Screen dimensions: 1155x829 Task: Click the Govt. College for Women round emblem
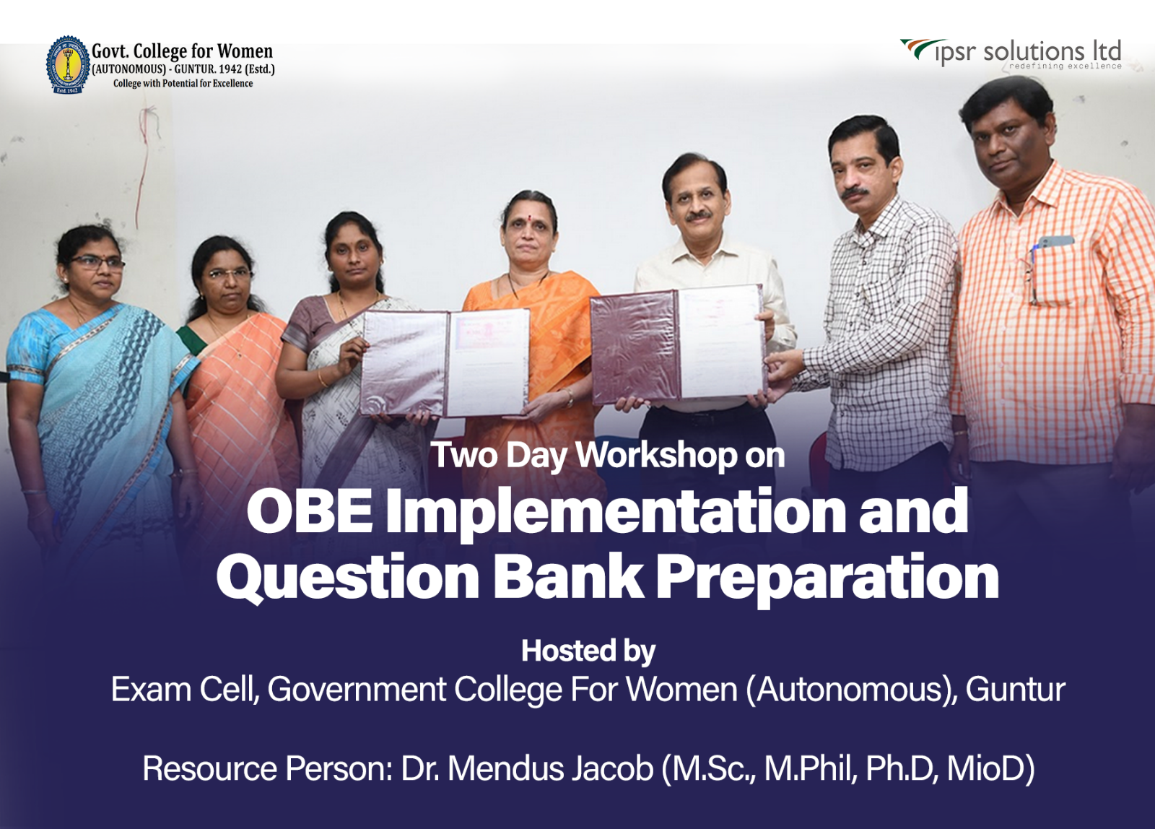68,64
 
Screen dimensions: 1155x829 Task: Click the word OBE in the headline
310,511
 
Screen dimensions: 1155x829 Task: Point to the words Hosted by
588,651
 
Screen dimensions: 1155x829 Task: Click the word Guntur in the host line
1015,690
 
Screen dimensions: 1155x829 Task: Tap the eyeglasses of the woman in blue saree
97,263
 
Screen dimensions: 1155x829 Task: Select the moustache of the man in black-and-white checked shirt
855,193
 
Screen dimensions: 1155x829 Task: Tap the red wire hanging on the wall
144,165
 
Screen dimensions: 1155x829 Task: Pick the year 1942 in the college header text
230,69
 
